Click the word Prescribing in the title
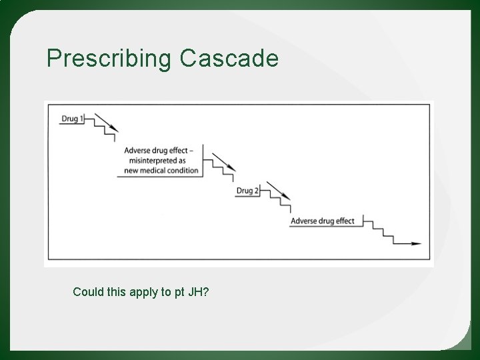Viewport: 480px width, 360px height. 109,59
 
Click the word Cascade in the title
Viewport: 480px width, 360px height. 228,59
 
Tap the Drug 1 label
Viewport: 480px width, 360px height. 73,119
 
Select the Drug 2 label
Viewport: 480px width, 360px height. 248,191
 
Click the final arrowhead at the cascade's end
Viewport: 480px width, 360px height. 417,244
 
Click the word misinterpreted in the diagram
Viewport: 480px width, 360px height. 155,161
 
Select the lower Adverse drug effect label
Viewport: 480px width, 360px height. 323,221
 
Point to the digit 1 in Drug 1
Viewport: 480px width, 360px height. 81,119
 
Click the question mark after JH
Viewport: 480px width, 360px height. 206,292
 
